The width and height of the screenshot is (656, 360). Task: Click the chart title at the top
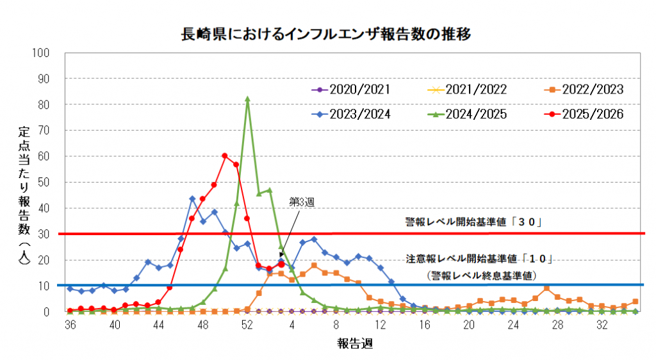tap(327, 33)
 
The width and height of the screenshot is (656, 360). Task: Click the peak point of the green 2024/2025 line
tap(247, 99)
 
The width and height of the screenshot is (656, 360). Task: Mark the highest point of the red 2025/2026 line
tap(225, 156)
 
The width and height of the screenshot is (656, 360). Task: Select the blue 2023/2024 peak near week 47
tap(192, 199)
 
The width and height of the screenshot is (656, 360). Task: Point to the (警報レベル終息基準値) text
tap(481, 274)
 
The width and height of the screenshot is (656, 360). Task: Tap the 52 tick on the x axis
tap(247, 325)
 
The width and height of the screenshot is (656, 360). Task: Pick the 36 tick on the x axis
tap(70, 325)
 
